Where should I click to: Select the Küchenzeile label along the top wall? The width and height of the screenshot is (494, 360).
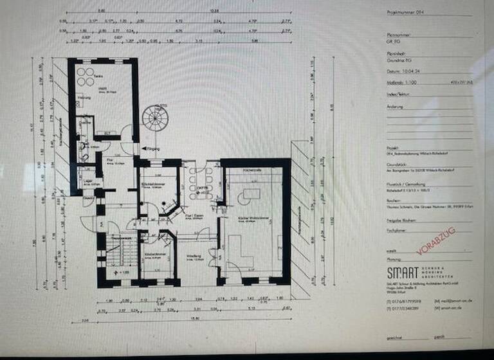pos(250,168)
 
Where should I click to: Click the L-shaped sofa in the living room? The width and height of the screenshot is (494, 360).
pos(238,251)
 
